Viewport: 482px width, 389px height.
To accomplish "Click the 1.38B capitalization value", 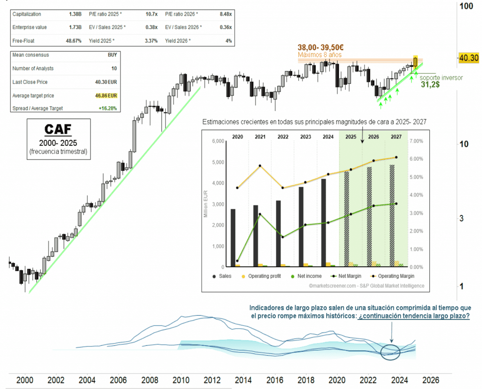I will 75,15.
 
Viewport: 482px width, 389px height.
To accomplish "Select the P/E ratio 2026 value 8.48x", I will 225,15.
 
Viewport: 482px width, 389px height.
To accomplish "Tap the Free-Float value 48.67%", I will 74,41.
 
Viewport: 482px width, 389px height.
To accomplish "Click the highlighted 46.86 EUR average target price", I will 105,95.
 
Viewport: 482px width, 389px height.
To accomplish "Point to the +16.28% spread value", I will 107,108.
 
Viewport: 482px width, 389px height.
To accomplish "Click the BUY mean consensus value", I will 112,55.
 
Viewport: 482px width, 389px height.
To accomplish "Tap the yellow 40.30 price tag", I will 468,57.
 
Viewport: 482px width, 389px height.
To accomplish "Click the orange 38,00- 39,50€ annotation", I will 321,48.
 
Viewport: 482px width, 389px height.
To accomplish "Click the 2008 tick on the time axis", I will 149,380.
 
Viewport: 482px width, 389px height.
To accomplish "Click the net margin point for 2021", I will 259,214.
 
